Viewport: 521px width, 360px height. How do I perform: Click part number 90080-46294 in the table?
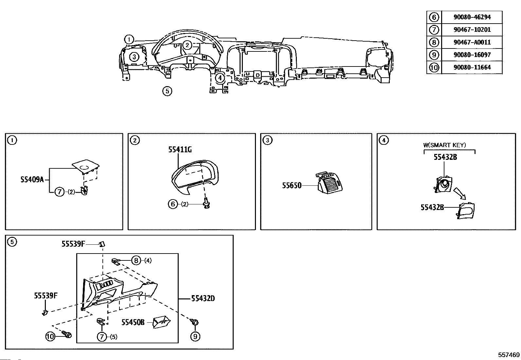click(472, 17)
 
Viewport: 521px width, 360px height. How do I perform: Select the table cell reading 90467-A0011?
click(472, 42)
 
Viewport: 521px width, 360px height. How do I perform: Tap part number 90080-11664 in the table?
click(472, 67)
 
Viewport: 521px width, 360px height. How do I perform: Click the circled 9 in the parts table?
click(434, 55)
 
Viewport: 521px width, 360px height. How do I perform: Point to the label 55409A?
click(32, 180)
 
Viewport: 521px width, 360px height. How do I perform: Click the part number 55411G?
click(180, 150)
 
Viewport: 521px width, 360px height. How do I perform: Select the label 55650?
click(292, 186)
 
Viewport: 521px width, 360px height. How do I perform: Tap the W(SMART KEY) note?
click(444, 145)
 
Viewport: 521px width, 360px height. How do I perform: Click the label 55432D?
click(203, 298)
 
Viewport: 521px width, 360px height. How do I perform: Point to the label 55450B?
click(133, 322)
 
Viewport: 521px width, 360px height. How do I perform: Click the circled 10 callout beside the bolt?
click(50, 336)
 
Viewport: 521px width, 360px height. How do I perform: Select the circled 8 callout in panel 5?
click(136, 260)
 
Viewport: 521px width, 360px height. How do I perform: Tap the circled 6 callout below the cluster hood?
click(172, 204)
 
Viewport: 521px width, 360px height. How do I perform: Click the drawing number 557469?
click(509, 355)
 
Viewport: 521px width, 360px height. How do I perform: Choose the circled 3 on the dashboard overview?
click(134, 57)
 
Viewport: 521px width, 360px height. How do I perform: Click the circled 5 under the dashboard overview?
click(167, 91)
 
